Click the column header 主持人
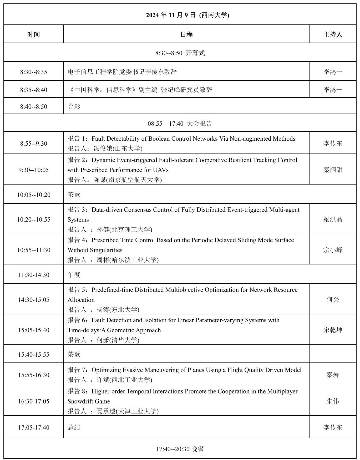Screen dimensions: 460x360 click(333, 34)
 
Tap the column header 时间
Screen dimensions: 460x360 click(33, 34)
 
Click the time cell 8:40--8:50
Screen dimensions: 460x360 click(34, 107)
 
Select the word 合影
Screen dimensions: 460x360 click(74, 106)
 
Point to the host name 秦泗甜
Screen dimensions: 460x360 click(333, 170)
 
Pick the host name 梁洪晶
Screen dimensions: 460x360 click(333, 219)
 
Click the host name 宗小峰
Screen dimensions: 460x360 click(333, 250)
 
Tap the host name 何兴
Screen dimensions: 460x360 click(333, 300)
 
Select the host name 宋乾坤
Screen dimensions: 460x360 click(333, 330)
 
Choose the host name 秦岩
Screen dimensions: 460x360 click(333, 375)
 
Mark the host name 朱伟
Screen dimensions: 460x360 click(333, 401)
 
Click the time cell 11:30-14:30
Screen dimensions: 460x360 click(34, 275)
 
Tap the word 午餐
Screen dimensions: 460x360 click(74, 275)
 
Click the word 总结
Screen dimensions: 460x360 click(74, 427)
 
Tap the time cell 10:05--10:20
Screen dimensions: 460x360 click(34, 195)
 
